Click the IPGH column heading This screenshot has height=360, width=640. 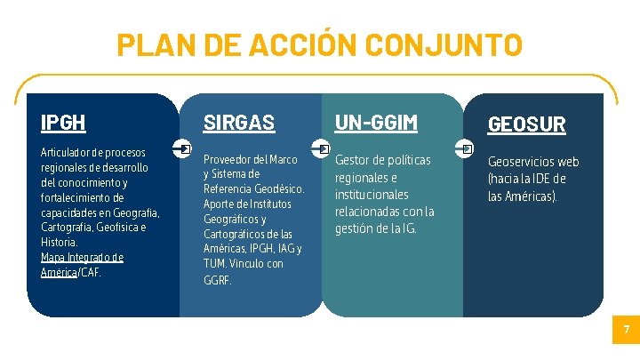tap(63, 122)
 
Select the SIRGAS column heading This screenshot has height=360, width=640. tap(239, 123)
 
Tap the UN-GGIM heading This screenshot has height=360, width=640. tap(375, 123)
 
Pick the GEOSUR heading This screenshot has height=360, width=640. tap(526, 124)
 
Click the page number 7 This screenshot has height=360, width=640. tap(627, 331)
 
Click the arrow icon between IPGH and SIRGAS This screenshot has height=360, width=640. tap(184, 148)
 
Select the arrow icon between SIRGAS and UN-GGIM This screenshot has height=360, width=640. tap(324, 148)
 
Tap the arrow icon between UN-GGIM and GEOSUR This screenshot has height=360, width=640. tap(468, 148)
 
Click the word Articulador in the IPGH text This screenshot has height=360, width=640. tap(66, 152)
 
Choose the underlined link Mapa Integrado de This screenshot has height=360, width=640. tap(82, 257)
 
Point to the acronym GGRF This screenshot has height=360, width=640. tap(217, 280)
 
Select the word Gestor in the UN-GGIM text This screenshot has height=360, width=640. tap(351, 160)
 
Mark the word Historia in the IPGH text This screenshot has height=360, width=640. tap(59, 242)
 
